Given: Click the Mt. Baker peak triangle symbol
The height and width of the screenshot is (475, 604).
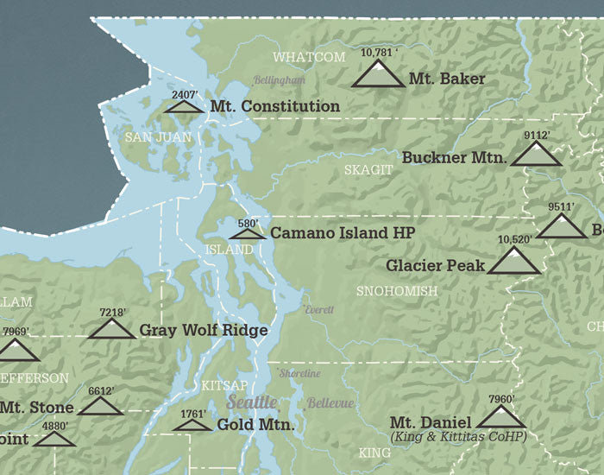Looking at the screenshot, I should tap(378, 75).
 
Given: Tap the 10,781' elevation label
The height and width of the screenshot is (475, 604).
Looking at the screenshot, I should tap(378, 53).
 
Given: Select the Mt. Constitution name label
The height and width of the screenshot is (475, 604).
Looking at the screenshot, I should tap(274, 106).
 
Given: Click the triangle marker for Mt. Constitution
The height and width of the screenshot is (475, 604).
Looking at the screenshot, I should tap(184, 107).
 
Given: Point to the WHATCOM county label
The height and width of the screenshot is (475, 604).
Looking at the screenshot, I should tap(309, 57).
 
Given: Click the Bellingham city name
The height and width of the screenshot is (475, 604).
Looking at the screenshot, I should tap(280, 79).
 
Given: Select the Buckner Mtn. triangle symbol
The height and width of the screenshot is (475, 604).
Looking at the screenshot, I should tap(536, 155).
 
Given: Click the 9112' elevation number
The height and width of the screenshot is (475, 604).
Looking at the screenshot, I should tap(536, 135).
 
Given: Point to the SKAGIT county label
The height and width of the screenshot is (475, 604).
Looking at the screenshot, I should tap(368, 170).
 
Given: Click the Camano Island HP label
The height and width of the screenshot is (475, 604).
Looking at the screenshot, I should tap(343, 233).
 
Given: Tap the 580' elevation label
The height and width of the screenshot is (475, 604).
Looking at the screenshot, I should tap(248, 223).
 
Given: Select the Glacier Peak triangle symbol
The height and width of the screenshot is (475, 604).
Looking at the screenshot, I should tap(514, 262).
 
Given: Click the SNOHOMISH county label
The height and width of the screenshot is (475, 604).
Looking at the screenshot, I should tap(396, 291).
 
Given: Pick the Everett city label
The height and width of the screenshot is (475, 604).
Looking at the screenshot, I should tap(318, 309).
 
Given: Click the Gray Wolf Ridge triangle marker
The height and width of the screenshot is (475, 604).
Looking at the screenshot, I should tap(111, 330).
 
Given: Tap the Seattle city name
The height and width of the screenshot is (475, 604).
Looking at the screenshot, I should tap(252, 402).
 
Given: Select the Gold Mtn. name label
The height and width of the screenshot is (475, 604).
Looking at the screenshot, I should tap(255, 425).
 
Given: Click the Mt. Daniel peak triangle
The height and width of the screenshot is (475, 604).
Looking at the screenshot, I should tap(500, 419).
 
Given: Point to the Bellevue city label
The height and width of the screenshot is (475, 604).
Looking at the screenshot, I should tap(330, 403).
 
